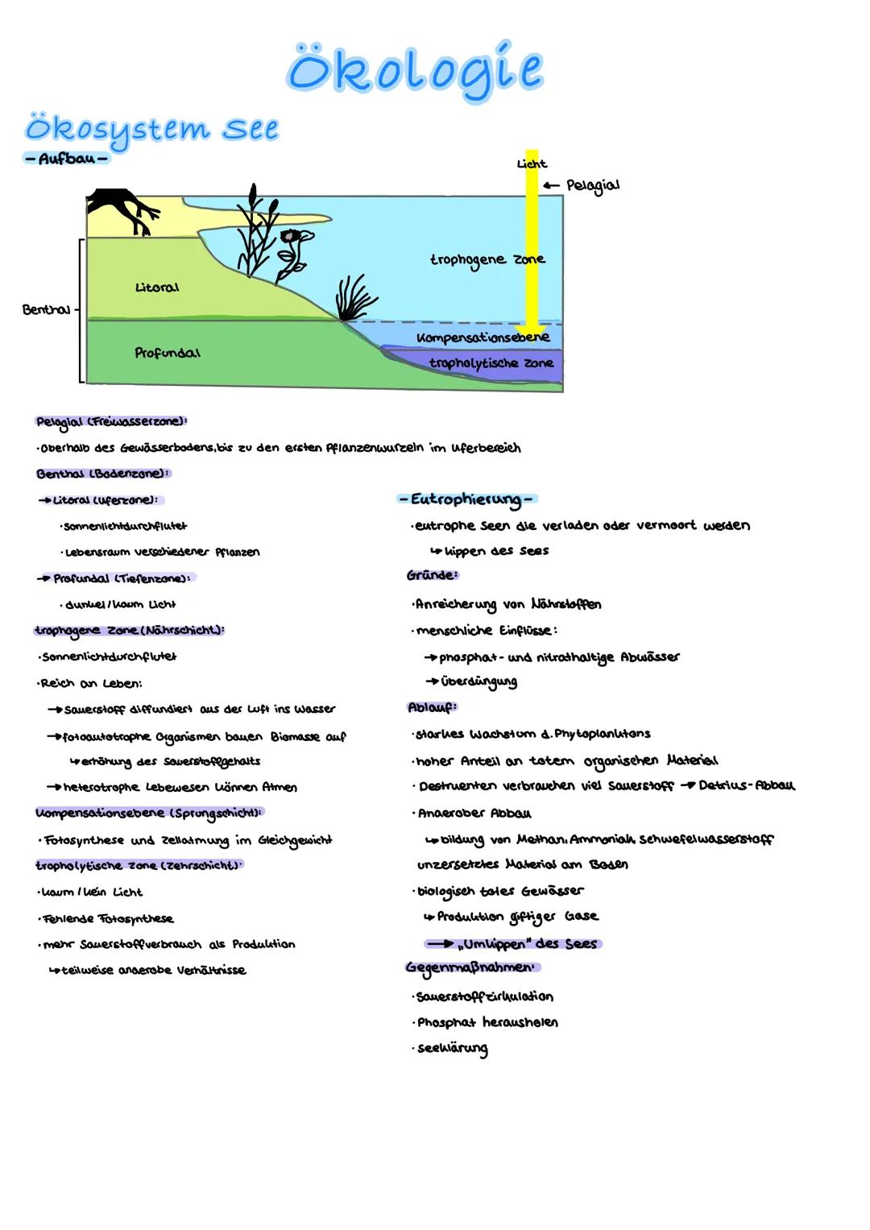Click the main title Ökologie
coord(415,70)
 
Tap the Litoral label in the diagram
coord(157,288)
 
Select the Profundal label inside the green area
coord(168,353)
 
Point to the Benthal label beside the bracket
coord(46,309)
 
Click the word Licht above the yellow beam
coord(532,164)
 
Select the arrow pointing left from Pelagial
coord(551,185)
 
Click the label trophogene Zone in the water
coord(487,259)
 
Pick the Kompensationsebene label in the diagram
coord(483,338)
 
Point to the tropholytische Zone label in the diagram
coord(491,363)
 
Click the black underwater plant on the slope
coord(354,298)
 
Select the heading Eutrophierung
coord(466,499)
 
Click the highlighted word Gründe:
coord(433,575)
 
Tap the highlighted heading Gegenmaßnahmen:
coord(470,967)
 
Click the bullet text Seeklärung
coord(452,1049)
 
